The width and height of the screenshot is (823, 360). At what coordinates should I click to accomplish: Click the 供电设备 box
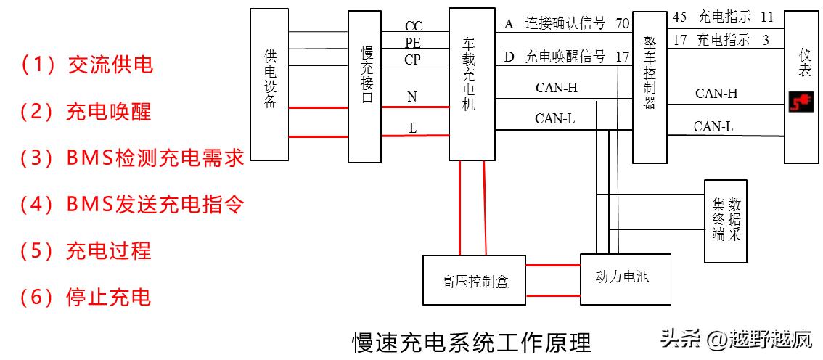coord(269,84)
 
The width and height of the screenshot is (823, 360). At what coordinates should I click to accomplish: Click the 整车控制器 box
coord(649,86)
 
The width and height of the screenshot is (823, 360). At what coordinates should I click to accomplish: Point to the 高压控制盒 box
coord(475,280)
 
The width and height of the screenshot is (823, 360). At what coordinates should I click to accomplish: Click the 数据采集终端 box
coord(726,219)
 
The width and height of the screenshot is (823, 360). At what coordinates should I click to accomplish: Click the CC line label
coord(414,27)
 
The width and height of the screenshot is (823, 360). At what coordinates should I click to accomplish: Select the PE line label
coord(413,44)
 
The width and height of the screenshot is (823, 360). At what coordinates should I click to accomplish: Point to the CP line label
coord(413,60)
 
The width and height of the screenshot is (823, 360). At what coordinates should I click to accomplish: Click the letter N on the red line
coord(412,97)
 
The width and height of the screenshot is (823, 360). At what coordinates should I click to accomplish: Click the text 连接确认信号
coord(565,24)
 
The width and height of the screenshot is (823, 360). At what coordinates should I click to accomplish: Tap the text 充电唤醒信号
coord(565,57)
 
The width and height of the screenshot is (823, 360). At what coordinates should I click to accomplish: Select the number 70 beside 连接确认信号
coord(622,24)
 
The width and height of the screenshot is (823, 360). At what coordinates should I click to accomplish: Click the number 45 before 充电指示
coord(680,16)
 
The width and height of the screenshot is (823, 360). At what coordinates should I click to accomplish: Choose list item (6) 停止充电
coord(86,297)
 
